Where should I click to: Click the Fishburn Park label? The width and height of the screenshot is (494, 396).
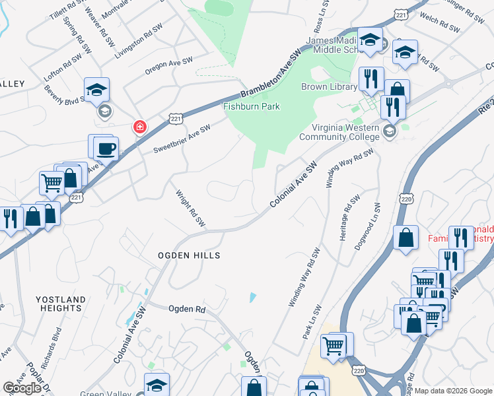(x=251, y=106)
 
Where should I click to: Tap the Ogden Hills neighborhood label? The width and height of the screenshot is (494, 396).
(x=188, y=255)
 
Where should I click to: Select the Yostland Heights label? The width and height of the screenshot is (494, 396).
(x=61, y=304)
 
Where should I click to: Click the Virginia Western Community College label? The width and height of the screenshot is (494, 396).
(x=339, y=133)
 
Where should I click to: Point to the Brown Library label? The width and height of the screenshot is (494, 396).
(x=329, y=86)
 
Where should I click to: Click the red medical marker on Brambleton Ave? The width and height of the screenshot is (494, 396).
(x=139, y=126)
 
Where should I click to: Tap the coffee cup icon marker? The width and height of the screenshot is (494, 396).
(x=106, y=148)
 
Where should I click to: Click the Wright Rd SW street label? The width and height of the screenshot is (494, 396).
(x=191, y=206)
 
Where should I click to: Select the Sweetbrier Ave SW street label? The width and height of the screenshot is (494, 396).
(x=182, y=138)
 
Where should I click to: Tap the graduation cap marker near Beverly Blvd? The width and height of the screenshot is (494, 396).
(x=96, y=90)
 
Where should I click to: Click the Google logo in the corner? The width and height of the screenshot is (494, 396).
(x=22, y=388)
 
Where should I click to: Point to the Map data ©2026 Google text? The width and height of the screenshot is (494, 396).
(x=453, y=391)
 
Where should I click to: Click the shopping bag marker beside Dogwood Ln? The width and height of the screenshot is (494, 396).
(x=405, y=238)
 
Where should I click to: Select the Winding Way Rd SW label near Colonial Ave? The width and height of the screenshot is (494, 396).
(x=350, y=168)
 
